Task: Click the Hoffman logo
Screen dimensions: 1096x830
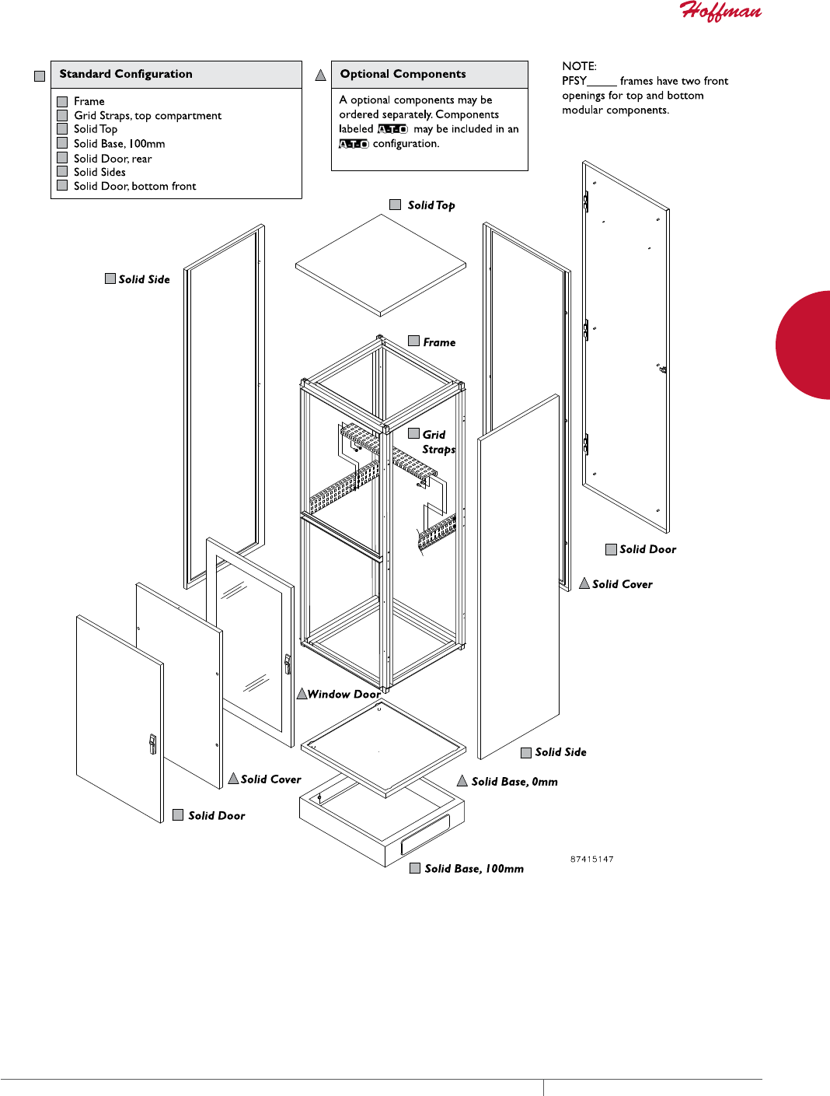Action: click(720, 11)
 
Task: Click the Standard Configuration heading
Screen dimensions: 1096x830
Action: click(126, 74)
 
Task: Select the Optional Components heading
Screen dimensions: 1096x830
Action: click(403, 74)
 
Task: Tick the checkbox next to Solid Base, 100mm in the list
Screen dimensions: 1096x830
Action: click(62, 143)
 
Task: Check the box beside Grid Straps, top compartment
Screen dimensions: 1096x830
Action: click(62, 115)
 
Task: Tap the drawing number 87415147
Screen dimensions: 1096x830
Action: click(591, 860)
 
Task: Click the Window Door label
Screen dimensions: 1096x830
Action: click(344, 694)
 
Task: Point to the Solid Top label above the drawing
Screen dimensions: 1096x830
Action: click(431, 205)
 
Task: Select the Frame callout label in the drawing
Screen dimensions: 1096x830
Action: click(439, 342)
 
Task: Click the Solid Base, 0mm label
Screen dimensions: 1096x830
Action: click(514, 782)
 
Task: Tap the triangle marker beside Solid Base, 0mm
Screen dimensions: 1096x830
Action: click(462, 781)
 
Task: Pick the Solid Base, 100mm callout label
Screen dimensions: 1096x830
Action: click(474, 869)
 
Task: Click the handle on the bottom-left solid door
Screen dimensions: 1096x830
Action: click(152, 744)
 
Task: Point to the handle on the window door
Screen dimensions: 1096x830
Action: click(288, 664)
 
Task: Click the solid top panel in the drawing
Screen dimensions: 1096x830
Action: click(380, 265)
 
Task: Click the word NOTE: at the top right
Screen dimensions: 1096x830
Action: click(579, 66)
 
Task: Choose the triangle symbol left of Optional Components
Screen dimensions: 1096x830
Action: click(320, 75)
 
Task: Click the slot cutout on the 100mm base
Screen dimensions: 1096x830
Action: click(425, 834)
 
